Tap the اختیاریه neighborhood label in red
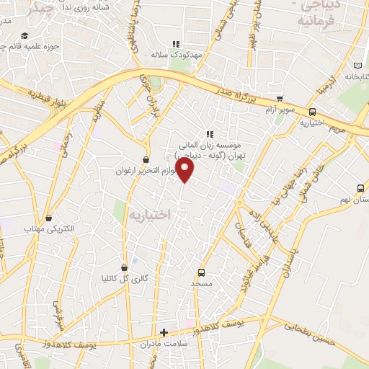149,214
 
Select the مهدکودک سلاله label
170,55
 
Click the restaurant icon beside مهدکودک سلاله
175,44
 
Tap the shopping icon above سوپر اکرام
280,99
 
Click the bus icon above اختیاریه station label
312,112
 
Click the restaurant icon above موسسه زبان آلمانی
210,134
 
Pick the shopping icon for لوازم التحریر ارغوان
147,159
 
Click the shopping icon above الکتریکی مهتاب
48,218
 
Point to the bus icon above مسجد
201,272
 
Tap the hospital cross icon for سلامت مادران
164,332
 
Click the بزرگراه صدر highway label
236,90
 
